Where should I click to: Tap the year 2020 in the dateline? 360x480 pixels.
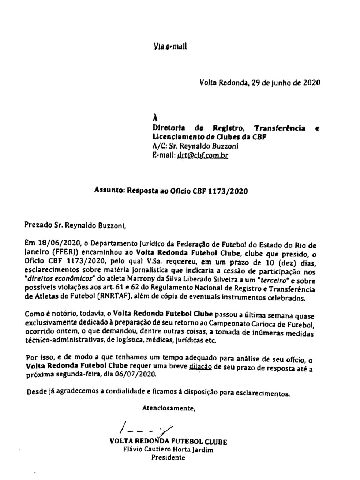click(311, 82)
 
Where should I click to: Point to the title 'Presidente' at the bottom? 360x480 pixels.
click(168, 457)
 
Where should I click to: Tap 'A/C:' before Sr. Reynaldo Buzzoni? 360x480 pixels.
click(160, 146)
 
